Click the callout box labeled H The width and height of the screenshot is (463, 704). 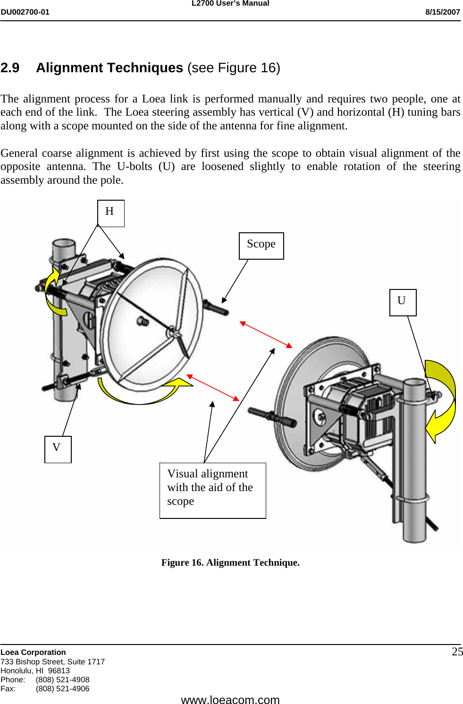pyautogui.click(x=110, y=213)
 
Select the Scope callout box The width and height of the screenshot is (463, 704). pyautogui.click(x=261, y=246)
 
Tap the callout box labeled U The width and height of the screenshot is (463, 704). pyautogui.click(x=403, y=302)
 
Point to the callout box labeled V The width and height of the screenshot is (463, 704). pyautogui.click(x=58, y=449)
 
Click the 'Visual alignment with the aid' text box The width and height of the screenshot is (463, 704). pyautogui.click(x=212, y=490)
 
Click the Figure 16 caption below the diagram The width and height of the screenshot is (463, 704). pyautogui.click(x=230, y=562)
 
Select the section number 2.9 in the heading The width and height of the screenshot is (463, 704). pyautogui.click(x=10, y=68)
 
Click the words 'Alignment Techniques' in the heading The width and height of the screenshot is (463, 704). pyautogui.click(x=109, y=68)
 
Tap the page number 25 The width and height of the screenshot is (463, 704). pyautogui.click(x=457, y=652)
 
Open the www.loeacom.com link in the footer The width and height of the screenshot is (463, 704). pyautogui.click(x=230, y=699)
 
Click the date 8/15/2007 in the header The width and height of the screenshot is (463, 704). pyautogui.click(x=442, y=12)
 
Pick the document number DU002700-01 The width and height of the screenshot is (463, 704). pyautogui.click(x=25, y=12)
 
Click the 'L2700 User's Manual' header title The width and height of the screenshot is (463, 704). pyautogui.click(x=230, y=3)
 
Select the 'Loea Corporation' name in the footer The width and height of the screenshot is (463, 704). pyautogui.click(x=33, y=652)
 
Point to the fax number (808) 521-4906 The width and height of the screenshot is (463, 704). pyautogui.click(x=62, y=688)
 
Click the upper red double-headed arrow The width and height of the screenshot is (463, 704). pyautogui.click(x=266, y=334)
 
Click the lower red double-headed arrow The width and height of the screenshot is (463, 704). pyautogui.click(x=213, y=388)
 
